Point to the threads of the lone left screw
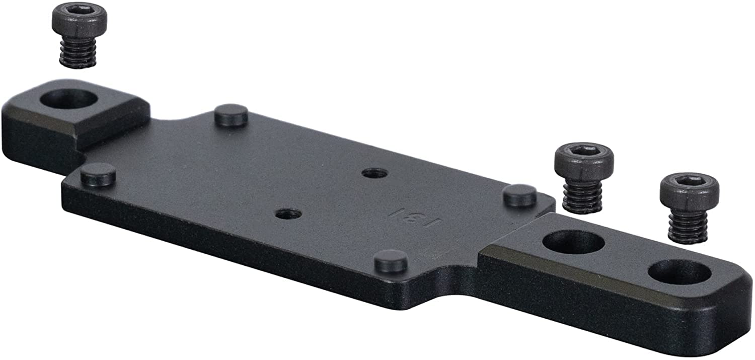78,53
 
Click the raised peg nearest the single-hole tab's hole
231,116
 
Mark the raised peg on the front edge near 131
392,261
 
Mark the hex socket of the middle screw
584,152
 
